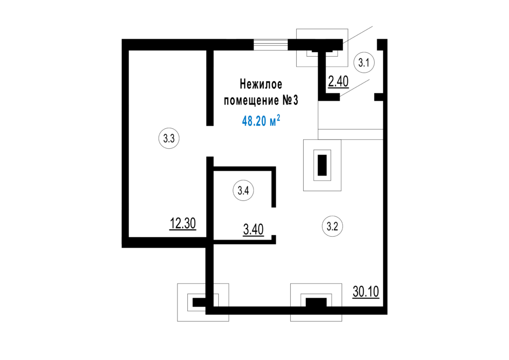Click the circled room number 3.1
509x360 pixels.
pos(364,62)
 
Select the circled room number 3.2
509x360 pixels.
pos(333,226)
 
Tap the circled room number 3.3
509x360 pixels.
pos(169,138)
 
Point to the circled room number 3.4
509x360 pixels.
pos(243,190)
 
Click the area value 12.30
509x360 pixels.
pos(183,224)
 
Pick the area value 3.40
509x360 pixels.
pos(253,230)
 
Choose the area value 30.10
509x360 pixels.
pos(366,291)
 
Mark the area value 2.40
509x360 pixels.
pos(338,82)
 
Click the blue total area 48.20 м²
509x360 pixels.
pos(261,121)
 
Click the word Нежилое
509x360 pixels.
pos(261,85)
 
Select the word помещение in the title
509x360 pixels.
pos(252,100)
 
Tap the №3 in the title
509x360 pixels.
pos(290,100)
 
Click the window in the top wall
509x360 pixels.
pos(271,45)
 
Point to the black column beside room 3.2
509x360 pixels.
pos(322,165)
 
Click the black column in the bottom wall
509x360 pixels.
pos(316,302)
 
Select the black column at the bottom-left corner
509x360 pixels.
pos(199,302)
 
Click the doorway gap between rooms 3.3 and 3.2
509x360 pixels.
pos(210,141)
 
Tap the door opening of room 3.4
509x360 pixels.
pos(274,221)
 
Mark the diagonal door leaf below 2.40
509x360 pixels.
pos(354,88)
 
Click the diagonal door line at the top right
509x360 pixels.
pos(358,34)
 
